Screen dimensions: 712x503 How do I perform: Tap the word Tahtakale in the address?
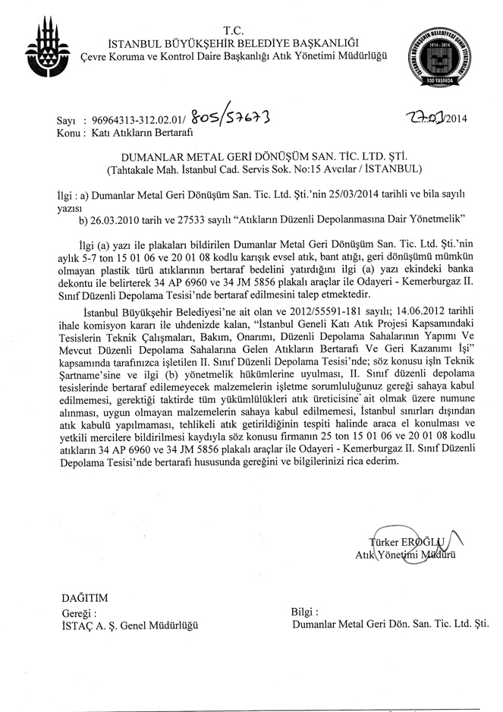[140, 168]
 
